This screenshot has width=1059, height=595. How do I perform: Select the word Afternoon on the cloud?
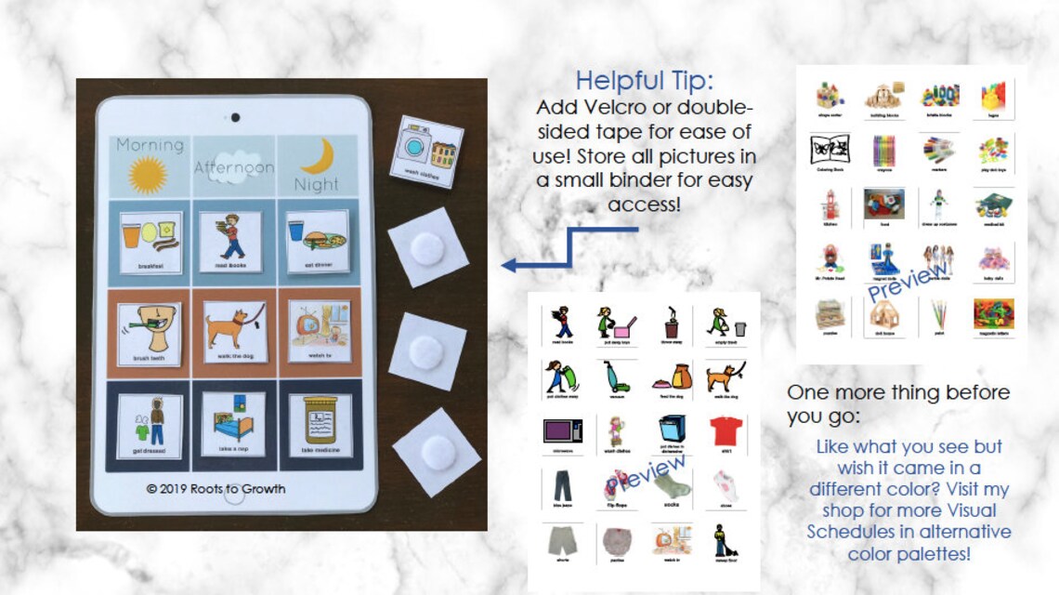[234, 167]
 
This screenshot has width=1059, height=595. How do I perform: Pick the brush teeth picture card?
[150, 332]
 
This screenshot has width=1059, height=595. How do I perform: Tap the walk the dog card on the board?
[234, 332]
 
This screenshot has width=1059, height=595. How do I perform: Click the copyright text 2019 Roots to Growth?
[216, 489]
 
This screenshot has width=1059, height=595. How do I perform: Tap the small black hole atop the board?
[234, 117]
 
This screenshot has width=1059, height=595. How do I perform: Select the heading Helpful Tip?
[644, 80]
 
